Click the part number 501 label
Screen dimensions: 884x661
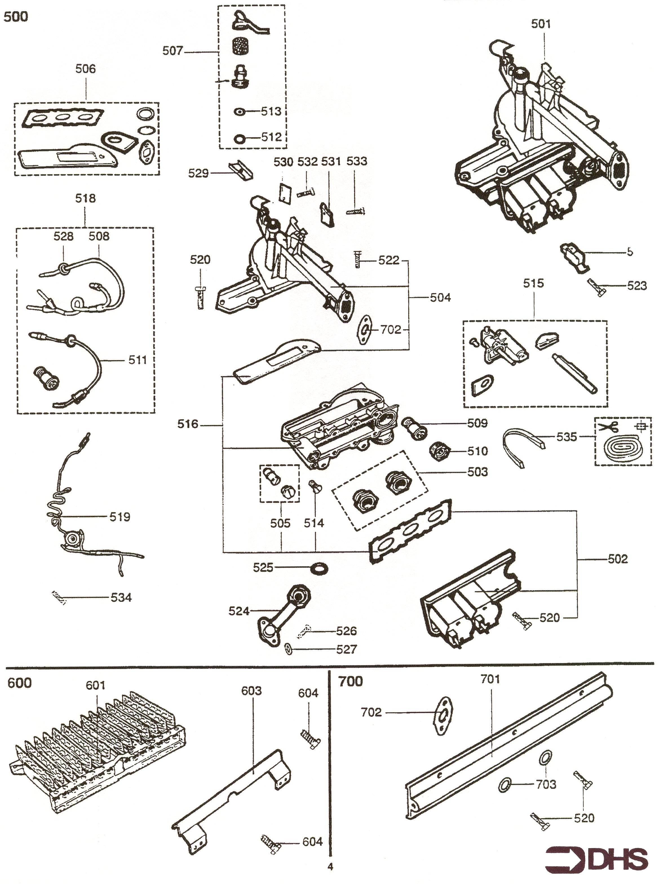tap(540, 24)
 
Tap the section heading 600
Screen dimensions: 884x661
tap(19, 683)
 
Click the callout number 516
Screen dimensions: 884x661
tap(188, 424)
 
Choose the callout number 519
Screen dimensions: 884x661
tap(120, 517)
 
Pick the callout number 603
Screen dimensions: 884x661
tap(251, 691)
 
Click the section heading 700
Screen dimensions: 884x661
tap(350, 681)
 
